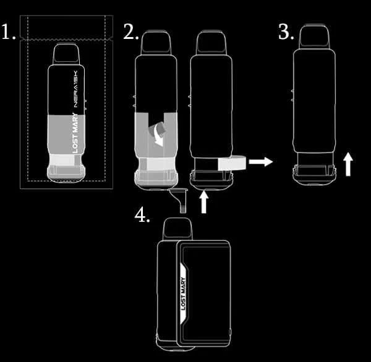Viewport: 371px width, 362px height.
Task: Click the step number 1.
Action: point(8,32)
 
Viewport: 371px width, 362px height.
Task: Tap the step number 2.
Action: point(130,32)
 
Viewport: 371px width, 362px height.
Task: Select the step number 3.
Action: point(285,32)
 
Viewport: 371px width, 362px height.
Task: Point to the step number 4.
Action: point(142,214)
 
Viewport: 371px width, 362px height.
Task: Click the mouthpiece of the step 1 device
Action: point(66,54)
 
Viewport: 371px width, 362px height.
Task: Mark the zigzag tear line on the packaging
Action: point(67,39)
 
